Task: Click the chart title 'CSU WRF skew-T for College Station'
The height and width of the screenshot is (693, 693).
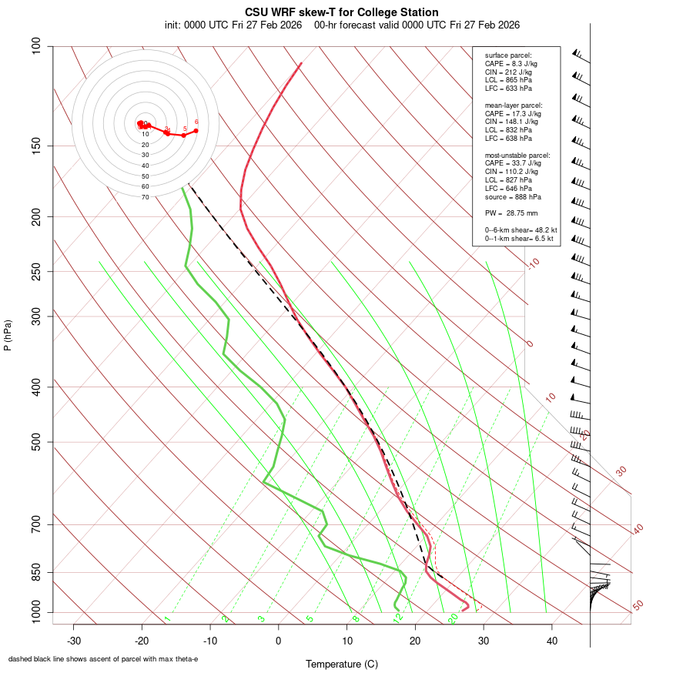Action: (342, 12)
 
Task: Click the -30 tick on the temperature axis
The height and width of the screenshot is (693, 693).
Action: (74, 641)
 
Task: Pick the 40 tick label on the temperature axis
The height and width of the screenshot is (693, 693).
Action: (552, 641)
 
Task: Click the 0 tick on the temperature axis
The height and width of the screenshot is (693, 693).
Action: (279, 641)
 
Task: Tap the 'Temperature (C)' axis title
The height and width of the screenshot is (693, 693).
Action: (342, 664)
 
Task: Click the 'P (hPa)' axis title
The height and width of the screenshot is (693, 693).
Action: (8, 336)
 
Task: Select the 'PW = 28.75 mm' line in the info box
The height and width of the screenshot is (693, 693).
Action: (511, 213)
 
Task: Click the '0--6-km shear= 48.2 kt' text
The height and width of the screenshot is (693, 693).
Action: (521, 229)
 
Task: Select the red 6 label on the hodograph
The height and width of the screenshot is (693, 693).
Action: (196, 122)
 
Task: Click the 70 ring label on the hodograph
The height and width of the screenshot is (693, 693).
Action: (145, 197)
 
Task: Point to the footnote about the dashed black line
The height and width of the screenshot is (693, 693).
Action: (103, 659)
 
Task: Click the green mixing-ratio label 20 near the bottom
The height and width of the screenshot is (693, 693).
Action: (453, 618)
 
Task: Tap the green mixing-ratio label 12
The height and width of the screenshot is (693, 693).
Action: (398, 618)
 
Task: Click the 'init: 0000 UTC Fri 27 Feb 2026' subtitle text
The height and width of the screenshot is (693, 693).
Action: (233, 25)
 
